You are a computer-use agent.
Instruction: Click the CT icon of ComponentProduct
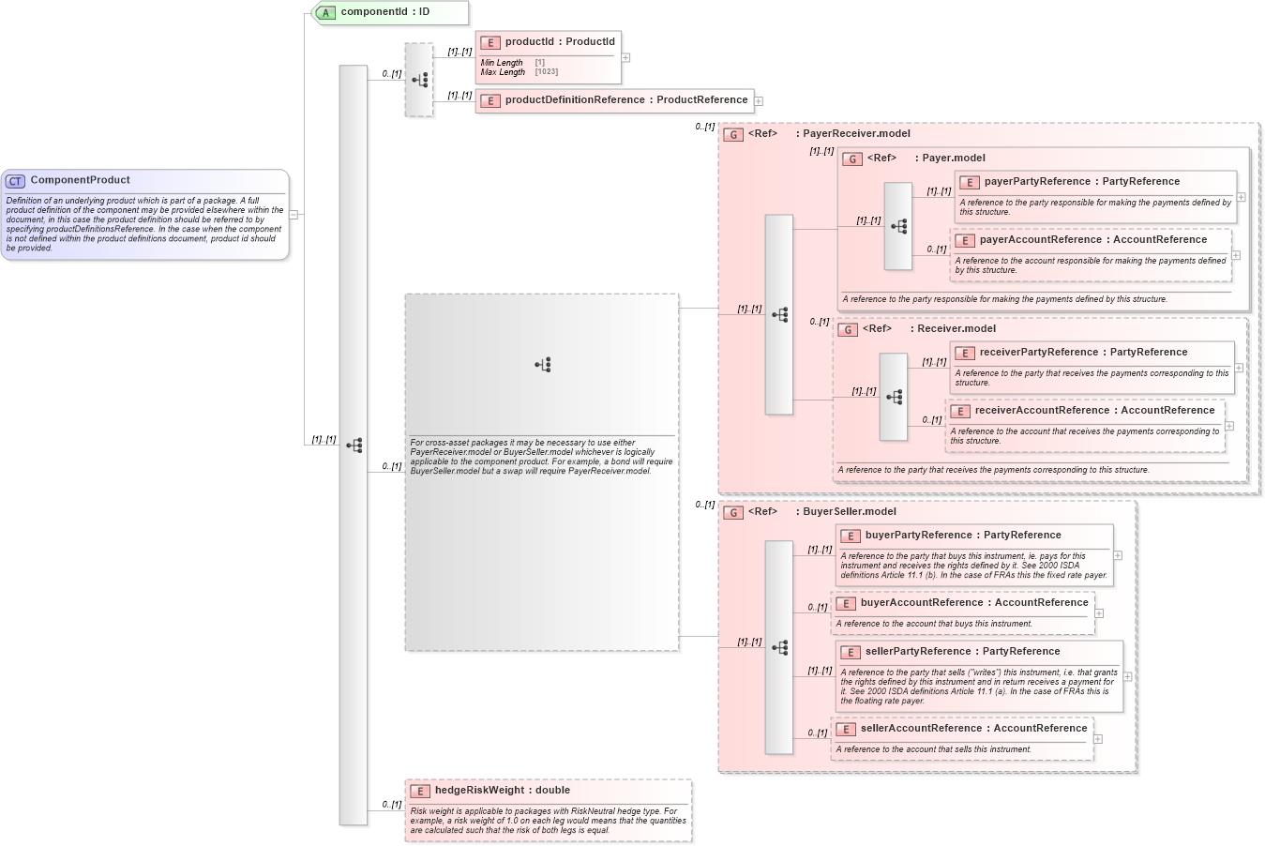click(15, 181)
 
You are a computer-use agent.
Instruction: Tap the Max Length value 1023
click(547, 72)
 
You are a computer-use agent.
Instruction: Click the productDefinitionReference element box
click(614, 100)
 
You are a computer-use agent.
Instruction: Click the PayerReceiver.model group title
click(855, 134)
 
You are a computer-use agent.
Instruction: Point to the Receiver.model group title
click(956, 329)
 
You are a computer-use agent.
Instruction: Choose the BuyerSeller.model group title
click(849, 512)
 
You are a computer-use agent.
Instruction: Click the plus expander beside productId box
click(625, 58)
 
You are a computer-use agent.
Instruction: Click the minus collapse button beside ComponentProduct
click(294, 215)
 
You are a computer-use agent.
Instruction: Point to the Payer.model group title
click(953, 159)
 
